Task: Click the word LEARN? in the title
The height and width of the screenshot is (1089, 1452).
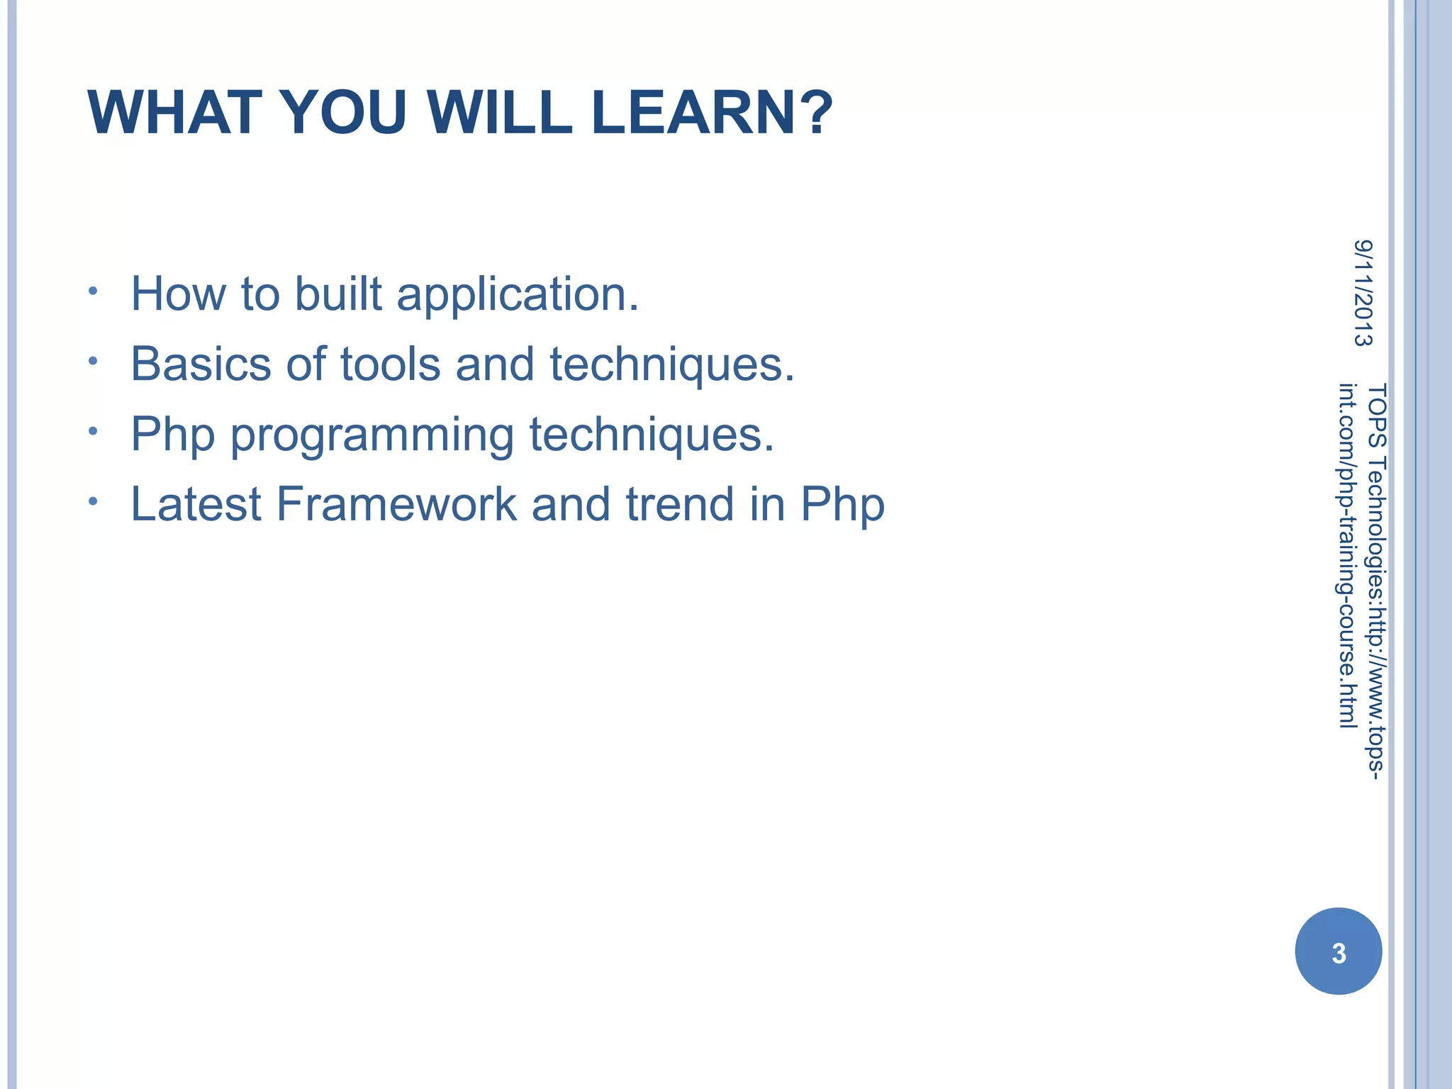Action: (711, 113)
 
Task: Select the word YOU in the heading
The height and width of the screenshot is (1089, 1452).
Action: (344, 113)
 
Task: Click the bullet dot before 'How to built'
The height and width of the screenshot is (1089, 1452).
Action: (93, 291)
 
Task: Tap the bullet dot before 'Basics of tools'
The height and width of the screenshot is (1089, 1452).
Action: (93, 362)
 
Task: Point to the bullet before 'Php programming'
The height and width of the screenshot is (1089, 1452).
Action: (93, 431)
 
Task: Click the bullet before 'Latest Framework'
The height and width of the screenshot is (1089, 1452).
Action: (93, 501)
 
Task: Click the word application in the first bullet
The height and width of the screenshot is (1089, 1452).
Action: (518, 294)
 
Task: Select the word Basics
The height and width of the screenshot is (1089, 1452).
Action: (201, 364)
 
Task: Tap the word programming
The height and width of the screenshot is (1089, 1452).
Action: (372, 435)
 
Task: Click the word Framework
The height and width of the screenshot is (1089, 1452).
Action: (396, 504)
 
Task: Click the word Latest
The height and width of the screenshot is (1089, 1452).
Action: (196, 504)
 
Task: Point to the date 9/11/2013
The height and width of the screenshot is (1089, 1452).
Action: (1363, 293)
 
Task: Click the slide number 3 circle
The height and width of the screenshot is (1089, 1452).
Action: (1338, 951)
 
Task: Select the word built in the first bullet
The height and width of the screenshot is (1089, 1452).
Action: (338, 294)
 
